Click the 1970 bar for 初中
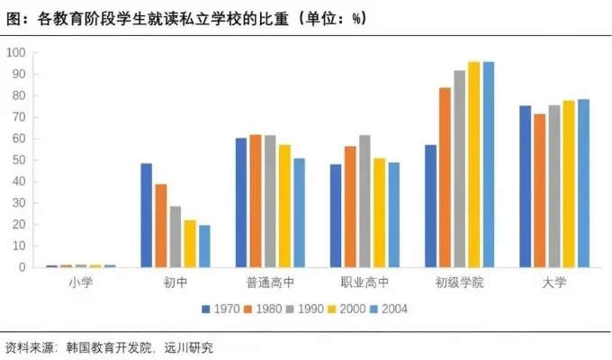[146, 215]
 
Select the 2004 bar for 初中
[204, 246]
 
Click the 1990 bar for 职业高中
[364, 201]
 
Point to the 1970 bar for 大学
[525, 186]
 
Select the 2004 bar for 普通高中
[299, 212]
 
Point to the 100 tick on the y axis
[15, 53]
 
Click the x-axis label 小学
[80, 283]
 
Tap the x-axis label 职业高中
[364, 283]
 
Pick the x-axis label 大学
[553, 283]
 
